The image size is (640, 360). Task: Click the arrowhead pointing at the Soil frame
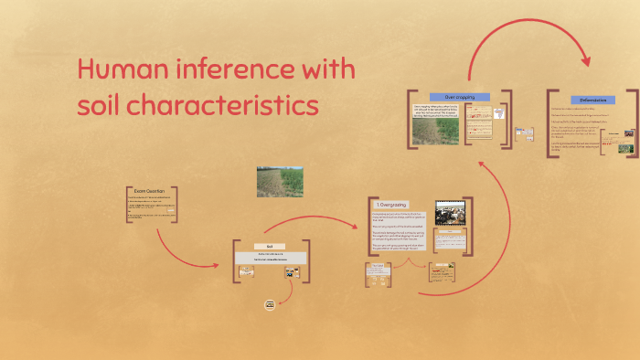[215, 265]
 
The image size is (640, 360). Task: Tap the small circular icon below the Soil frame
[270, 304]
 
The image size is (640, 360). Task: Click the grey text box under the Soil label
[270, 258]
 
